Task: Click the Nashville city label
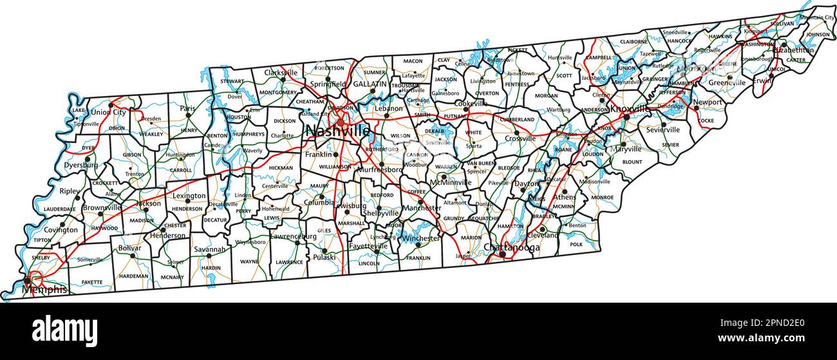point(337,131)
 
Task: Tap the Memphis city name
point(44,290)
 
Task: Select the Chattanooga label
point(511,247)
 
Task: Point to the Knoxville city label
point(629,109)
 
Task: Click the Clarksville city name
point(281,73)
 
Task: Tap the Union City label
point(108,112)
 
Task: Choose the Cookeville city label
point(471,103)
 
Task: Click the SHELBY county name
point(41,258)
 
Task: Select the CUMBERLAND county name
point(518,119)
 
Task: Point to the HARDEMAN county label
point(134,276)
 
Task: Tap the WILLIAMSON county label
point(335,166)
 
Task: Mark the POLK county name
point(576,245)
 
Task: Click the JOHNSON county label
point(818,34)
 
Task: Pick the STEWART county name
point(232,82)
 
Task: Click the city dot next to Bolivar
point(133,256)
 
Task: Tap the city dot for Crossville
point(516,133)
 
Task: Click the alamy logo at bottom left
point(64,330)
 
